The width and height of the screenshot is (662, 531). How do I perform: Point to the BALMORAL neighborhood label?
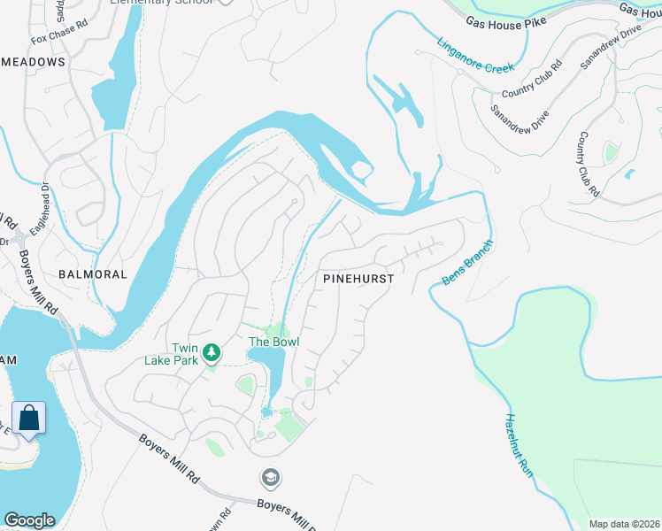93,274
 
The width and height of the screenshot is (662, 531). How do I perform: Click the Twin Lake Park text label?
172,354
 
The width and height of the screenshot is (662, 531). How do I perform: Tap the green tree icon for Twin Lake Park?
212,353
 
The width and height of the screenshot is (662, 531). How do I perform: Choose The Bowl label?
273,342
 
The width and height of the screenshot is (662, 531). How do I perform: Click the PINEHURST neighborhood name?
358,277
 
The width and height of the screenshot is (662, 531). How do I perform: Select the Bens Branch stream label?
465,263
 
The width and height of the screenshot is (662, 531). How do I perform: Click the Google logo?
29,520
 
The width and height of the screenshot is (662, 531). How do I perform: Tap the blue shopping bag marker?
28,418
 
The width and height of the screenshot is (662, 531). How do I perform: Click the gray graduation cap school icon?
270,479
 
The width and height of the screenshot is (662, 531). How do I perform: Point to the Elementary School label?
161,3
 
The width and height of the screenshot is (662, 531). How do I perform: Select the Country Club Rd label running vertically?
589,164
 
